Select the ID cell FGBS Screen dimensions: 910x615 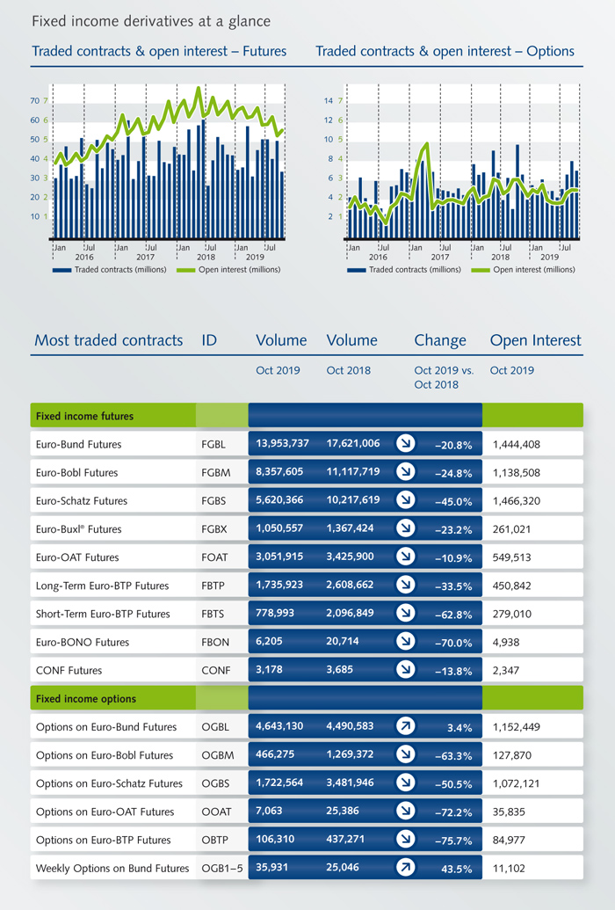click(x=213, y=501)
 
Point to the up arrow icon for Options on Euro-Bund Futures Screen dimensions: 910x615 click(x=405, y=727)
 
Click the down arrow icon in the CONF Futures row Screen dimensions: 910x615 click(x=405, y=671)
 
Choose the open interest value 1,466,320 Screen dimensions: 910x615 click(x=517, y=501)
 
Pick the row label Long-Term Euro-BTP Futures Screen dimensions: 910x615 click(x=102, y=586)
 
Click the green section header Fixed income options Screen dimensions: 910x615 click(x=85, y=699)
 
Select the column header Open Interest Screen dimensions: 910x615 click(x=535, y=340)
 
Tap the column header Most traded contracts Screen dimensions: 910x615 click(x=108, y=340)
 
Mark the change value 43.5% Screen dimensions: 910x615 click(x=457, y=869)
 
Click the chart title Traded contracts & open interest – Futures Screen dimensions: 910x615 click(x=159, y=52)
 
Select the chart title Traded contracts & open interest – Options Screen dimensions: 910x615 click(x=445, y=52)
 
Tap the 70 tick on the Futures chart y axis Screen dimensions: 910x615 click(x=34, y=101)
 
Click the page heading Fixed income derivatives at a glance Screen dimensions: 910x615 click(x=151, y=20)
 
